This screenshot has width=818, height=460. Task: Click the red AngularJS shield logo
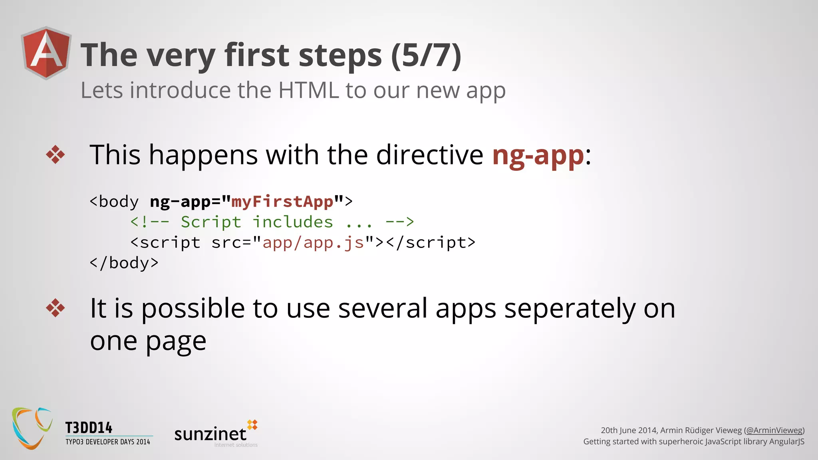coord(46,53)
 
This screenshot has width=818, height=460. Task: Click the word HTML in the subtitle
coord(308,90)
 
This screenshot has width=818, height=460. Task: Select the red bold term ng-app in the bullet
coord(538,155)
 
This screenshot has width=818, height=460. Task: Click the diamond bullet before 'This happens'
coord(55,155)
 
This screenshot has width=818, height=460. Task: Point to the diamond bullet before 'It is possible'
coord(55,308)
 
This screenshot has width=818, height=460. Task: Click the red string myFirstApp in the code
coord(282,202)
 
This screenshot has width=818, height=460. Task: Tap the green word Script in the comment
coord(211,222)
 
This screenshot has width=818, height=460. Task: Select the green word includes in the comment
coord(293,222)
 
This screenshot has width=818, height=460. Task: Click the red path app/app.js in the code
coord(313,243)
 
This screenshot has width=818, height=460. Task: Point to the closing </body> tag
coord(124,263)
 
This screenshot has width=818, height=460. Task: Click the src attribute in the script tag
coord(226,243)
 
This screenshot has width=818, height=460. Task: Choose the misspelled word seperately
coord(570,309)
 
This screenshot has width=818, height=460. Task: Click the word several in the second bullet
coord(383,309)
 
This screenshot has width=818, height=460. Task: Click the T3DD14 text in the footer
coord(89,428)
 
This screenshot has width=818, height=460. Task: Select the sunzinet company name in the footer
coord(210,434)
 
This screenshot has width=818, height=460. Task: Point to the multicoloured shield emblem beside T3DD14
coord(32,428)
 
